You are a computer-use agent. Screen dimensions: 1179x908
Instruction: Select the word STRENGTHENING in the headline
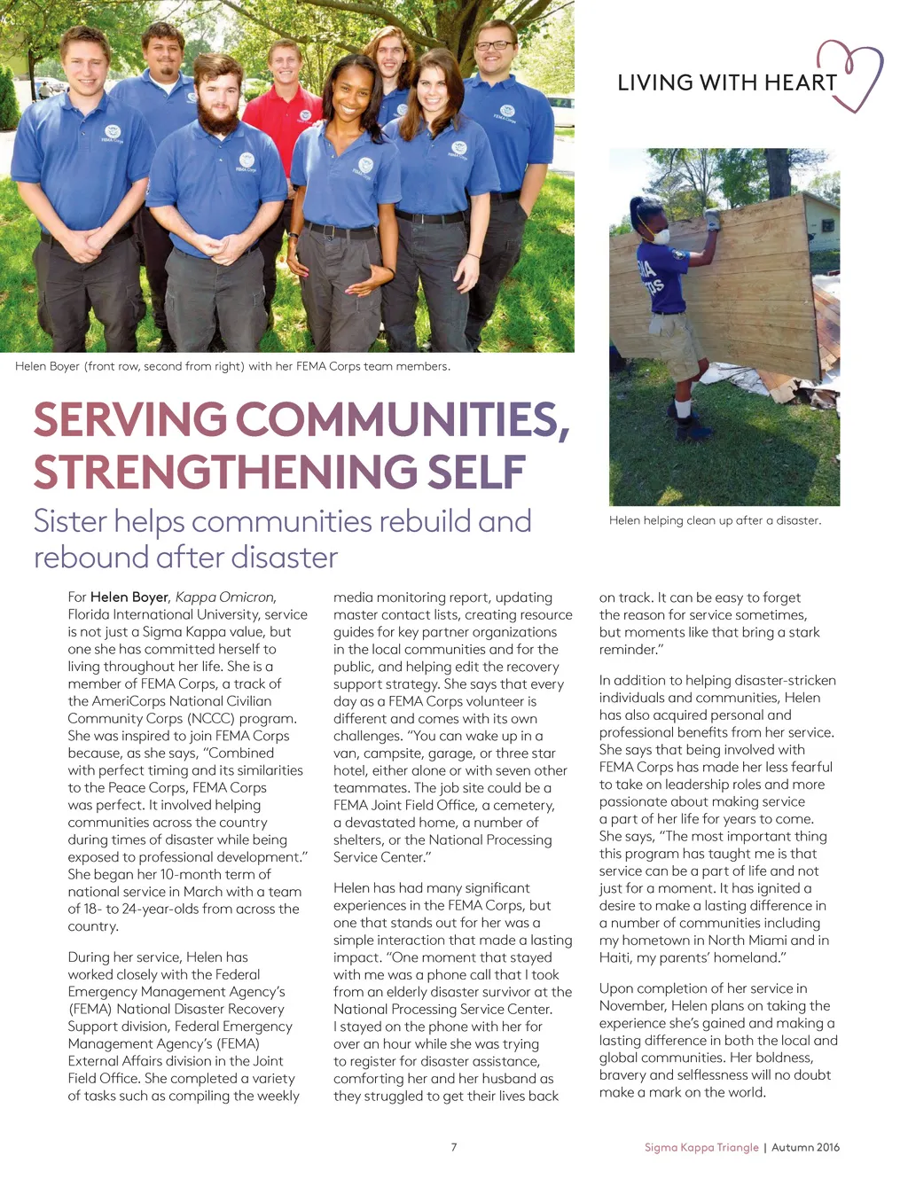[x=226, y=472]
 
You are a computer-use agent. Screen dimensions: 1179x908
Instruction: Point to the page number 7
[x=454, y=1147]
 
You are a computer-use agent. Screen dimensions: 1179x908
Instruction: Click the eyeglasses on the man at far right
[x=495, y=45]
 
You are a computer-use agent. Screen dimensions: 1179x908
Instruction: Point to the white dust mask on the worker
[x=658, y=236]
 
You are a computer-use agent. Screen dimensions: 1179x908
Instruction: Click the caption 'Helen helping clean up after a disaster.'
[x=715, y=520]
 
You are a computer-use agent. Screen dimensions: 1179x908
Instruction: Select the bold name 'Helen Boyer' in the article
[x=129, y=597]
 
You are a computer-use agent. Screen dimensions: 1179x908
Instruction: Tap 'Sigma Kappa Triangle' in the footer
[x=701, y=1147]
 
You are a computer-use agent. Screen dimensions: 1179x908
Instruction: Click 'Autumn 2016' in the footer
[x=805, y=1147]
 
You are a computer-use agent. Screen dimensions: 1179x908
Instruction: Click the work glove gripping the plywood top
[x=710, y=216]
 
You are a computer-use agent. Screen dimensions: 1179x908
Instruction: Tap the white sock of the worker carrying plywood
[x=682, y=408]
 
